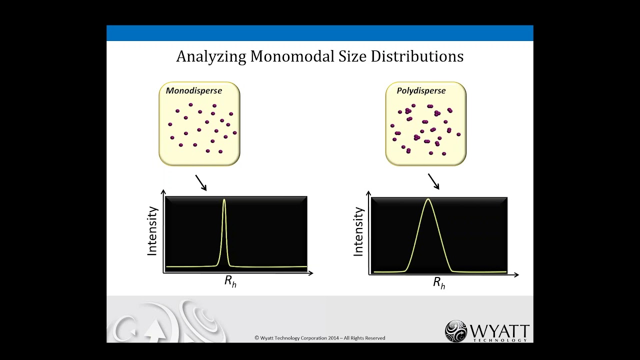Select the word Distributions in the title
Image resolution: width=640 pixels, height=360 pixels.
point(417,56)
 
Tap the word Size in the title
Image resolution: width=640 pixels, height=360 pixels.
point(353,56)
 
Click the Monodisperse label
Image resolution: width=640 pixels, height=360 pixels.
point(194,90)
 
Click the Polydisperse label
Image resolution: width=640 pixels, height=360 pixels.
point(421,90)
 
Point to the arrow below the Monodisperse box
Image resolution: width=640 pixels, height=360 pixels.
point(201,182)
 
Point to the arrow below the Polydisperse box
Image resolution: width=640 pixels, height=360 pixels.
point(433,181)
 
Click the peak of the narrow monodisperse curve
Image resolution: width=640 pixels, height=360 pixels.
point(224,200)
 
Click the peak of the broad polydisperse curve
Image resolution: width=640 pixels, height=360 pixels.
point(428,199)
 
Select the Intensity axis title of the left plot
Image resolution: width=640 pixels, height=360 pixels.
point(152,231)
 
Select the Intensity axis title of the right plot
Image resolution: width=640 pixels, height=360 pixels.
point(358,232)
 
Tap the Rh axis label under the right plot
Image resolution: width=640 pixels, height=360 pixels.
point(439,283)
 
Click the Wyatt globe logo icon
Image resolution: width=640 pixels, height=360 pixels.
point(456,330)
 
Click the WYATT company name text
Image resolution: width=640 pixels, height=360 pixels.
point(499,331)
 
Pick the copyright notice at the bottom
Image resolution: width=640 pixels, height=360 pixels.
point(320,338)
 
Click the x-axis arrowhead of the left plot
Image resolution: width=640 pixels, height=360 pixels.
point(310,273)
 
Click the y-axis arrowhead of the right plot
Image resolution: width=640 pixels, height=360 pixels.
point(369,193)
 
